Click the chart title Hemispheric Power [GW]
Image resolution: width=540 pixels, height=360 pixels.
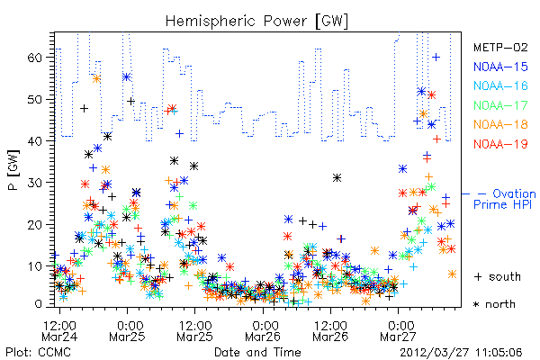256,22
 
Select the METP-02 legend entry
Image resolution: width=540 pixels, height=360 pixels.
500,47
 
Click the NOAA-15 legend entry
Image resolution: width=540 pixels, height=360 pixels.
500,67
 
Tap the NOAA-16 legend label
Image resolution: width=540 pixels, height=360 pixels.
500,85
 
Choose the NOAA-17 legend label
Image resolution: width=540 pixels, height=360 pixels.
500,105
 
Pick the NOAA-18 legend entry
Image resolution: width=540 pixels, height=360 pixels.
500,124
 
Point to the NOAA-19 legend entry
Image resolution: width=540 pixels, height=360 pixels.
500,144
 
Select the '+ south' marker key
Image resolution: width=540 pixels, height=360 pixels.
498,276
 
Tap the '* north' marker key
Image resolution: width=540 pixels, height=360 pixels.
494,304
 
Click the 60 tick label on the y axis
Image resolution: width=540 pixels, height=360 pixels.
35,57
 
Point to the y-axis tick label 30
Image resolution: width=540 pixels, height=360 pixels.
35,182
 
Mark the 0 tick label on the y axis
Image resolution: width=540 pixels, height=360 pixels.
39,304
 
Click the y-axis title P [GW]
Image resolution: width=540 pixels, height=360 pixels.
13,169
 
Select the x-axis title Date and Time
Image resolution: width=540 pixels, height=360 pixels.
257,352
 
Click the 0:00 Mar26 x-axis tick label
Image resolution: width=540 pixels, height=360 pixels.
263,330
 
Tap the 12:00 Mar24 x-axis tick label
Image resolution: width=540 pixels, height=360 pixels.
59,330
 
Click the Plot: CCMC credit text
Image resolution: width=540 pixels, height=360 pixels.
38,352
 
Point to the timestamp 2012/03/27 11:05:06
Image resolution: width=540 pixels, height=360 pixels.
461,353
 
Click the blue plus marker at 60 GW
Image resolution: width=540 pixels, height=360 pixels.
436,57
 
